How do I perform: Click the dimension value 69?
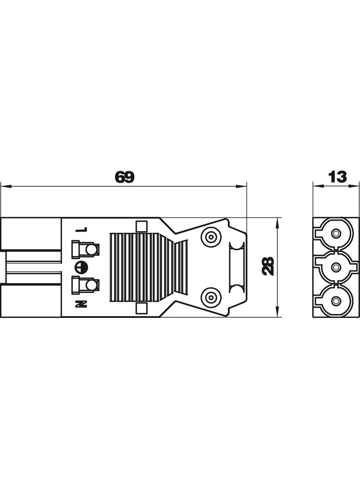[x=124, y=178]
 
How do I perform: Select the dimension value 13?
[x=337, y=177]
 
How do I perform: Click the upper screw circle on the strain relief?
[x=211, y=237]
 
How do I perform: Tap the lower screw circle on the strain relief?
[x=211, y=296]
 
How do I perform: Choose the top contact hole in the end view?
[x=337, y=234]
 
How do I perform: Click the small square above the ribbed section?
[x=141, y=226]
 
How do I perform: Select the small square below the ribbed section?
[x=141, y=308]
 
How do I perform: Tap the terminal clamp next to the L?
[x=85, y=250]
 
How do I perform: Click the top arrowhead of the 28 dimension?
[x=278, y=221]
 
